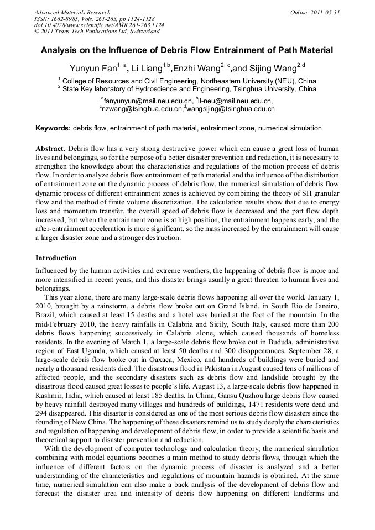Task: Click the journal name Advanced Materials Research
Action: tap(72, 12)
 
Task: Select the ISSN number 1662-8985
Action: tap(68, 19)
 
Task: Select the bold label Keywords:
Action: tap(53, 128)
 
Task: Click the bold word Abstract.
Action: tap(50, 149)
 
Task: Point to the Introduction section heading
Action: tap(56, 258)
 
